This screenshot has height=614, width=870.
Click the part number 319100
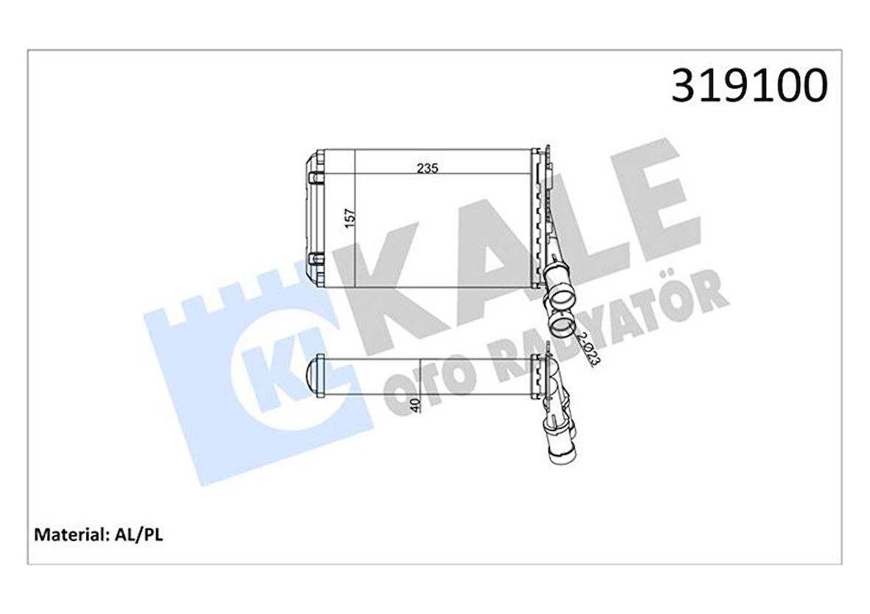point(749,86)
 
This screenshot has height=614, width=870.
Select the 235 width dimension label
point(428,168)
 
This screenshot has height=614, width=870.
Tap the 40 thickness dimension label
point(416,405)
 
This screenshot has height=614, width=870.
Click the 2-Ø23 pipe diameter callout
point(588,349)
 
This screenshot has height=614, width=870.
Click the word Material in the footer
point(69,534)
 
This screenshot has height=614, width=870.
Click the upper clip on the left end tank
point(316,178)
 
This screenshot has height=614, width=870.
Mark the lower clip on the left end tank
point(316,259)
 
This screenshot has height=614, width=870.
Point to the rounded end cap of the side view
point(316,376)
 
